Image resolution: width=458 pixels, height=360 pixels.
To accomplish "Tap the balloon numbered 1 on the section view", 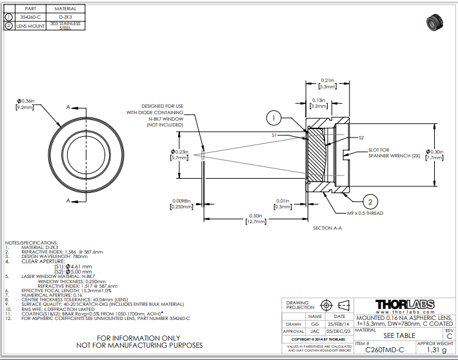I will pos(274,118).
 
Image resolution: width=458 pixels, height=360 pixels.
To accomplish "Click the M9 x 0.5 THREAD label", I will pos(365,213).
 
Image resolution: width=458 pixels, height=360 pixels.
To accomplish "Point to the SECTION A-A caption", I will pos(328,228).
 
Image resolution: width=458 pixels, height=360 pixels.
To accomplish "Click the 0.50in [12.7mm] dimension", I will pos(255,218).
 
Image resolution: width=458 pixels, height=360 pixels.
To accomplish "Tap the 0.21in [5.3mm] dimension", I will pos(327,83).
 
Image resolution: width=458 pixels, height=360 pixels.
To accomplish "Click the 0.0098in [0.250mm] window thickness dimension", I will pos(184,203).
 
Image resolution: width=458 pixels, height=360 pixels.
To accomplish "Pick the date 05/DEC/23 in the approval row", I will pos(339,330).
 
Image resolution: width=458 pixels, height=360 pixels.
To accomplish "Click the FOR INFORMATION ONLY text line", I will pos(138,337).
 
